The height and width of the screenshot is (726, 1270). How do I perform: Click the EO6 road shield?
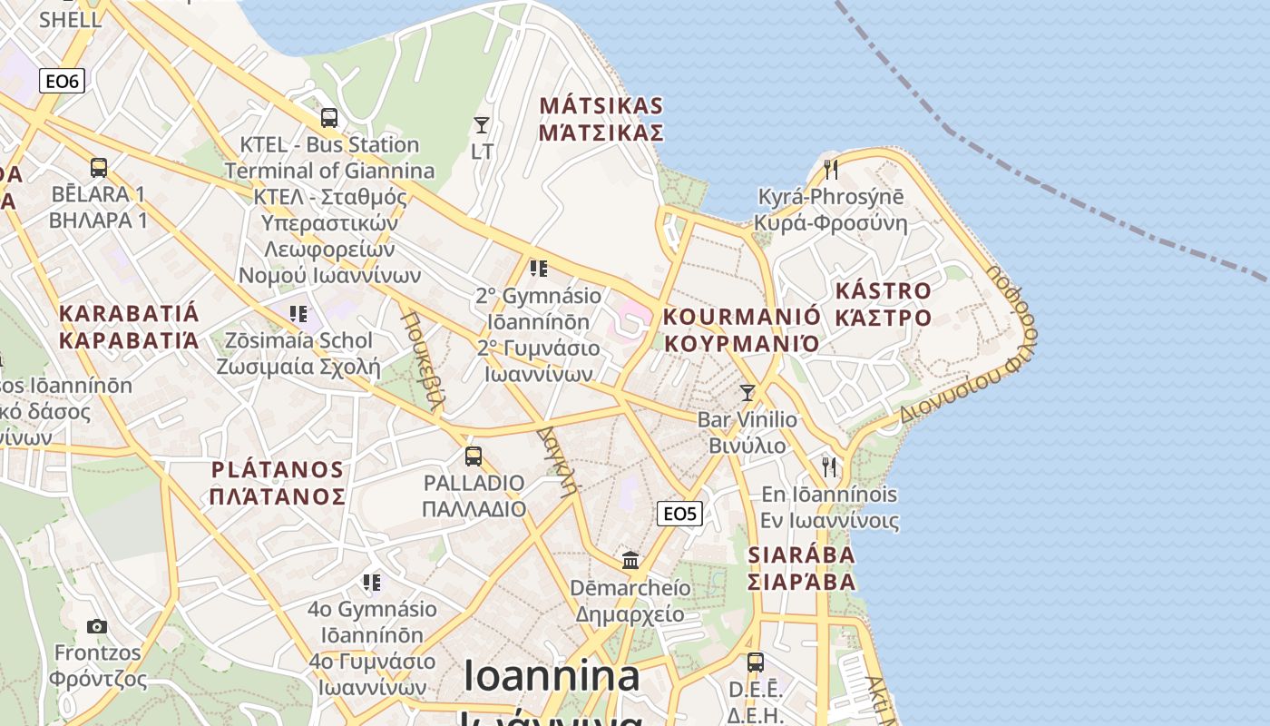63,81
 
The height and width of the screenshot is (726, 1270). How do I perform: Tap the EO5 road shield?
679,514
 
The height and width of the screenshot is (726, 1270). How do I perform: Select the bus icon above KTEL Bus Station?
329,118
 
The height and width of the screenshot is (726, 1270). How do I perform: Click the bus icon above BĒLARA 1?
99,168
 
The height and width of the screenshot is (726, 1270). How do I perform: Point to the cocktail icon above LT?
482,125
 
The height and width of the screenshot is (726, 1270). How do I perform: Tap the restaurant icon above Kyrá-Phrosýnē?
830,169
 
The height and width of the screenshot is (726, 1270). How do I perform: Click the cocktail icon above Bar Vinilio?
747,393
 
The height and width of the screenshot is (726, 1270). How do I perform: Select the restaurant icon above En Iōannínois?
829,467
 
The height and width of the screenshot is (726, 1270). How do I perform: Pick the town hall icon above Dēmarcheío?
630,560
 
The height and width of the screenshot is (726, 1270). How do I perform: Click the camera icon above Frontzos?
97,626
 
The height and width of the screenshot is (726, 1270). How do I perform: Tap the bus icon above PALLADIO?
474,456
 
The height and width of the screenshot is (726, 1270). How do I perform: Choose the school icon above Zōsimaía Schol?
298,314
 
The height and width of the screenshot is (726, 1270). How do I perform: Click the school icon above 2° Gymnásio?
539,269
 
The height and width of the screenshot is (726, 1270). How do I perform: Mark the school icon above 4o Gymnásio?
372,582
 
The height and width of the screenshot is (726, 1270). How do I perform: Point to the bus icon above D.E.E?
756,662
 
